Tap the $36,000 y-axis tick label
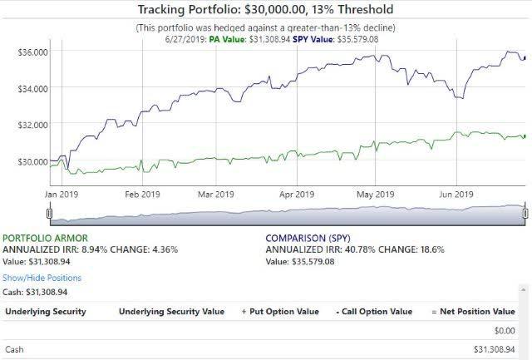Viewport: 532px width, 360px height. coord(32,52)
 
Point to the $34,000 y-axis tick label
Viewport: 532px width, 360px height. coord(32,88)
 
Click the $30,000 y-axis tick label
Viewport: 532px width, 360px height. coord(32,160)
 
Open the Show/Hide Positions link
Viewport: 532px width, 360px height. coord(42,278)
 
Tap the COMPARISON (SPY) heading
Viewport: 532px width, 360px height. coord(308,237)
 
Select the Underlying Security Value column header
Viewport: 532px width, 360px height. coord(171,312)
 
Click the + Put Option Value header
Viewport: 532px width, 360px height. coord(279,312)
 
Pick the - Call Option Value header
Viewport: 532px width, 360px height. coord(373,312)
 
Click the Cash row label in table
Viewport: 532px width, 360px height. coord(14,349)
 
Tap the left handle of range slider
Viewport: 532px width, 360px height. coord(49,214)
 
